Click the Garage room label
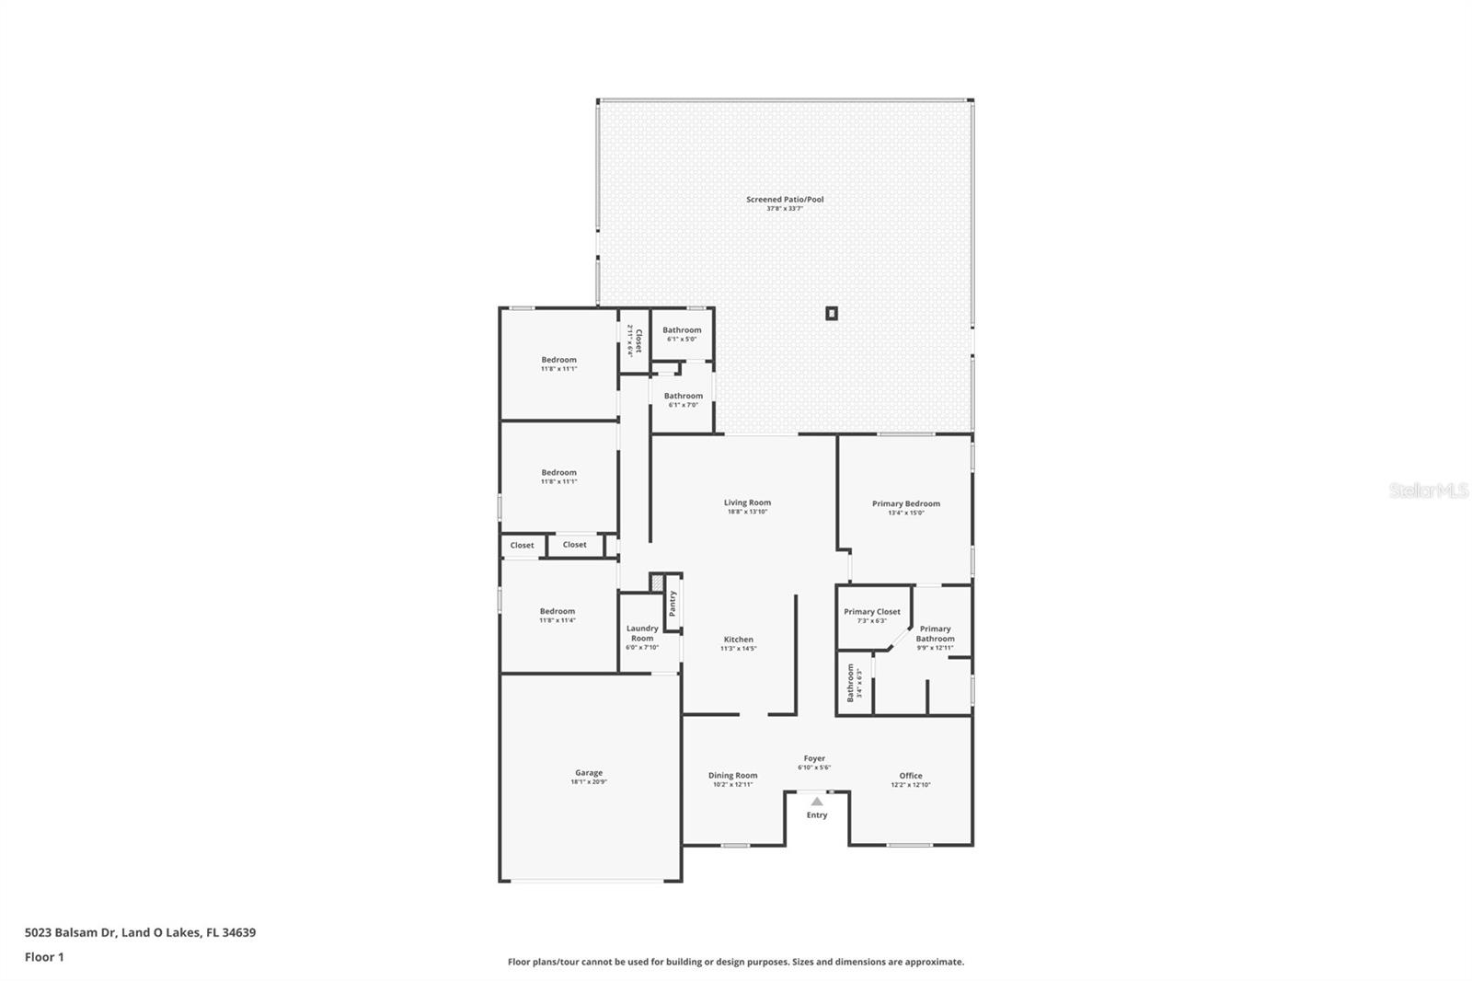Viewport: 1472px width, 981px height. click(x=589, y=773)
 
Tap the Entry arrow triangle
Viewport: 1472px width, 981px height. click(x=817, y=802)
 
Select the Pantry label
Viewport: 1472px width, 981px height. click(x=673, y=604)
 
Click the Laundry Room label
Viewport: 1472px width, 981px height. click(x=642, y=633)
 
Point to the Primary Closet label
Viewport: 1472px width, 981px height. click(x=872, y=612)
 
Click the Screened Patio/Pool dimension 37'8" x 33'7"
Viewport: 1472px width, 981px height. click(x=785, y=209)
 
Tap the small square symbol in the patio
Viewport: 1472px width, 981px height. click(x=832, y=313)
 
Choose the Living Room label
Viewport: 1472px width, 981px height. click(x=747, y=502)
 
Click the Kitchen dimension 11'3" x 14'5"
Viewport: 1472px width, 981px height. click(x=738, y=649)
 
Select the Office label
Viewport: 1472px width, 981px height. click(x=911, y=776)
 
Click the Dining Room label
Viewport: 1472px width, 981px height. click(x=733, y=776)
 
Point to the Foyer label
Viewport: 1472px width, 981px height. click(x=814, y=759)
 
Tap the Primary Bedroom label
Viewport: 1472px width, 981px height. click(x=906, y=503)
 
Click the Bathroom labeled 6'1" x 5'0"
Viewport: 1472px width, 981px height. click(x=682, y=330)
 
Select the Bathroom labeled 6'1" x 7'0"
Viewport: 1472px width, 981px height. click(x=684, y=396)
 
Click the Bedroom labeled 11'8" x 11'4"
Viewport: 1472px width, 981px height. click(x=558, y=611)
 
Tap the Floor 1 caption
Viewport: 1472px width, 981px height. click(x=44, y=957)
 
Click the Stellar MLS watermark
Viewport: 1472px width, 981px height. click(x=1428, y=490)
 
